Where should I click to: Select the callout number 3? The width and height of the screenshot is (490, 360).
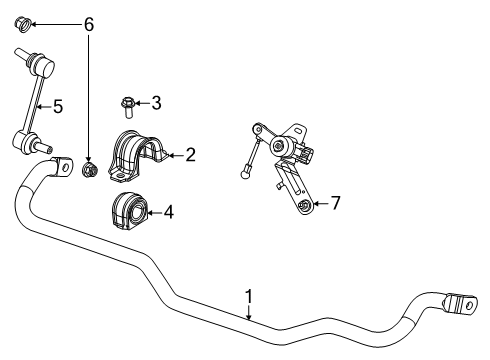(155, 102)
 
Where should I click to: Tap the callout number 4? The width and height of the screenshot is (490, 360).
(168, 211)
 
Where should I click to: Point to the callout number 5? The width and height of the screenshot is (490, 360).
(58, 106)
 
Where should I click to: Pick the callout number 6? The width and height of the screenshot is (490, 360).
(88, 22)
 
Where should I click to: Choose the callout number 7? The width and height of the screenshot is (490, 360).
(335, 204)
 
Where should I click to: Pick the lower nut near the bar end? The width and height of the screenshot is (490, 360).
(88, 169)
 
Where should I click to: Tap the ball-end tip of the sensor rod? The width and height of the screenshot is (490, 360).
(244, 179)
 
